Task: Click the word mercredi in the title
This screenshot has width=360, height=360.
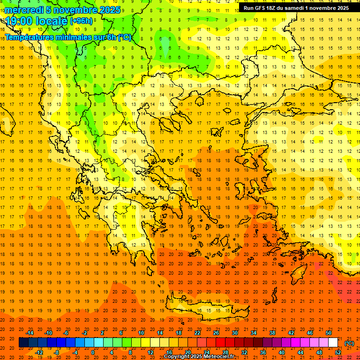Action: (x=24, y=10)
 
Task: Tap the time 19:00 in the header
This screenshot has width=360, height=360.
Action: (x=19, y=21)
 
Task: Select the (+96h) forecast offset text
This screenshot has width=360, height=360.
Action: (x=81, y=21)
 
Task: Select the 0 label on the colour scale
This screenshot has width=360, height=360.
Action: (x=92, y=352)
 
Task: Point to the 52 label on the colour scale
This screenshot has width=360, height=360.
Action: (x=338, y=352)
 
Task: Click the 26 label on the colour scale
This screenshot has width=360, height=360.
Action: (x=216, y=333)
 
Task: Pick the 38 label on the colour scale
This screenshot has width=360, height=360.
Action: (x=272, y=333)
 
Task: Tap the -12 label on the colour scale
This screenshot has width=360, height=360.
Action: (x=39, y=352)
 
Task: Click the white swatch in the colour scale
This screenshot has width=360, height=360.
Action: (x=333, y=343)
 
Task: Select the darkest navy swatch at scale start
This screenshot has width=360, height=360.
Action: (x=23, y=343)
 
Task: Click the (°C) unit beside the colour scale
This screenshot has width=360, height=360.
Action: (x=349, y=343)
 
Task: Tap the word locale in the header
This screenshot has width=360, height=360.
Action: (x=51, y=21)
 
